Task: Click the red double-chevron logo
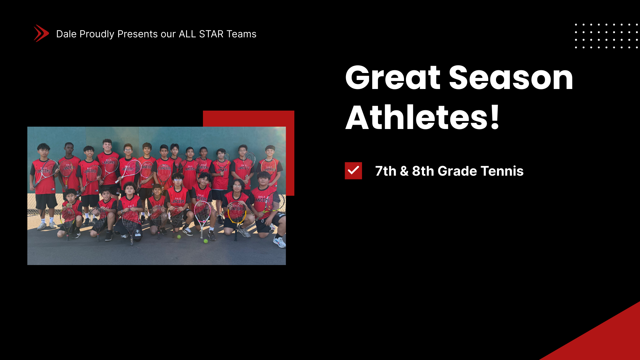[41, 33]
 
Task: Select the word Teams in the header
[242, 34]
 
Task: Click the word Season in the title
[511, 78]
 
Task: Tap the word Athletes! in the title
[422, 117]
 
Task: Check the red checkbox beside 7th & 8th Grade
[353, 171]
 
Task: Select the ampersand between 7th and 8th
[404, 171]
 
